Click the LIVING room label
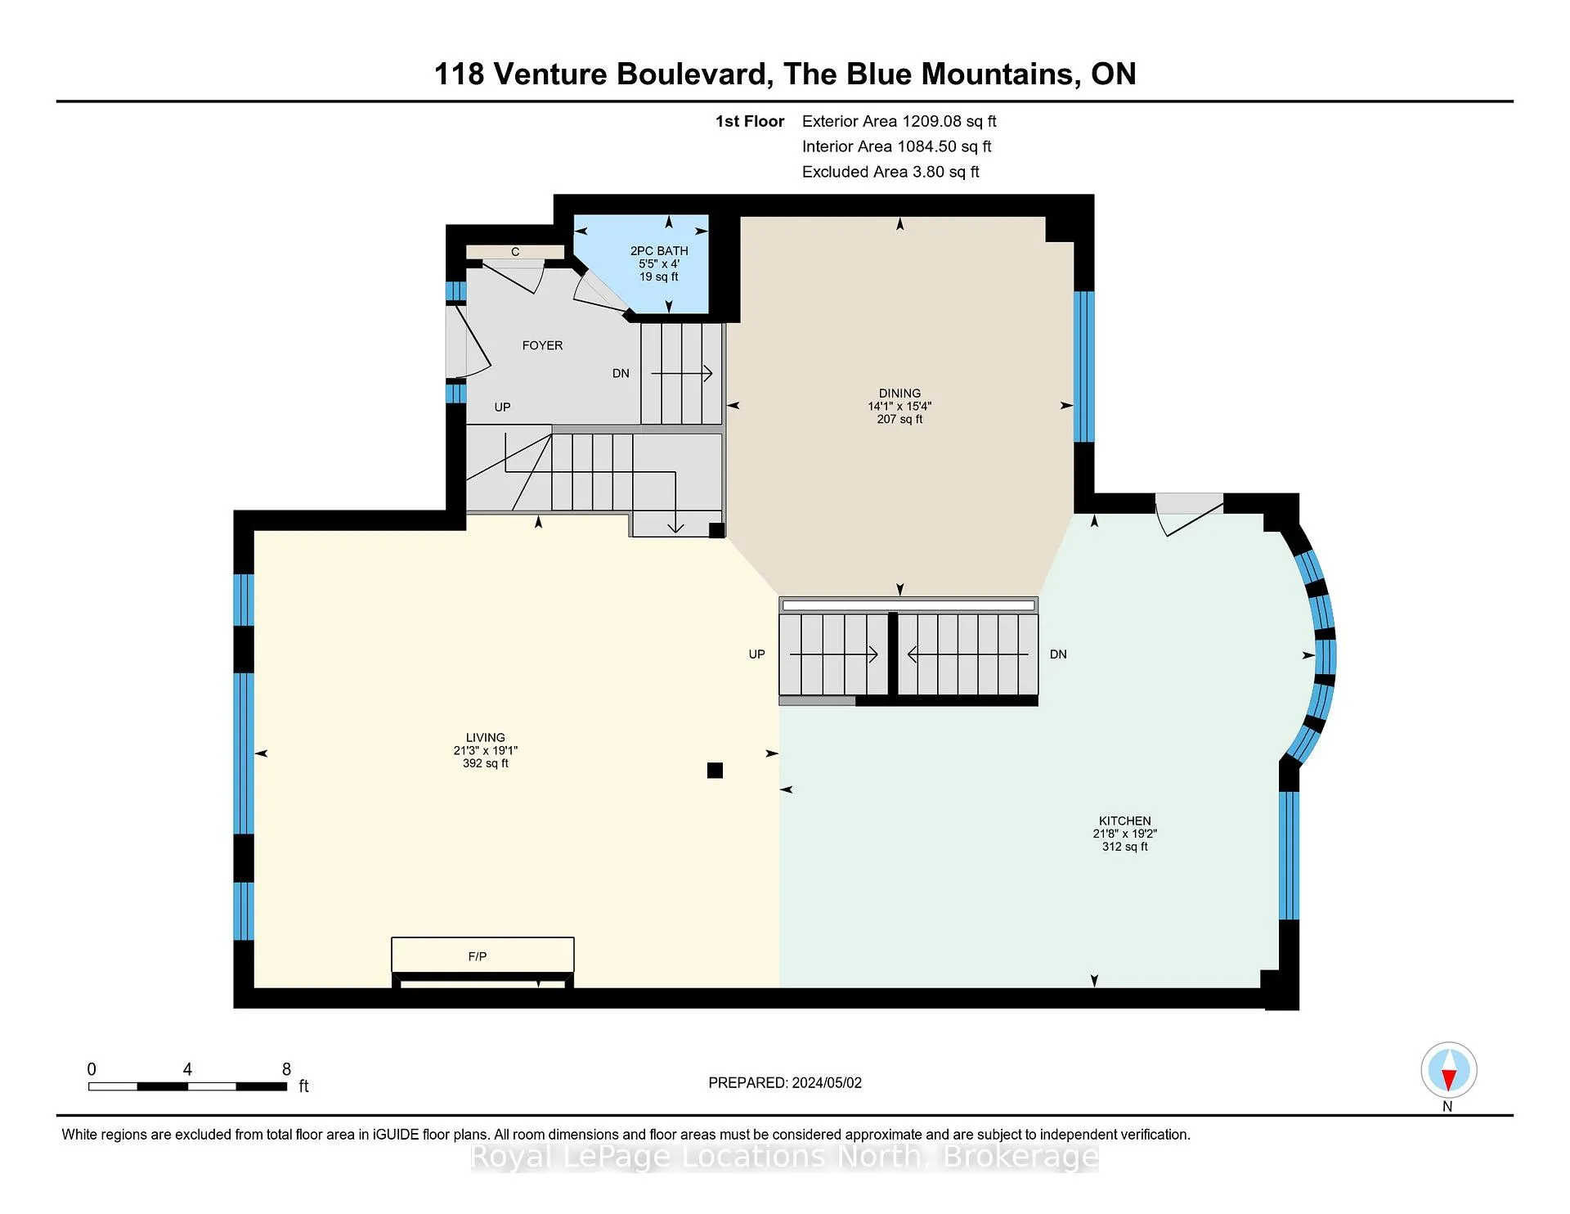coord(486,737)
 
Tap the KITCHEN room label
coord(1124,821)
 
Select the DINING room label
coord(899,393)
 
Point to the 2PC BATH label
coord(659,251)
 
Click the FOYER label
coord(542,345)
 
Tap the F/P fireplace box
coord(482,955)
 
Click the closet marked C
coord(515,252)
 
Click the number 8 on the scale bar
coord(286,1069)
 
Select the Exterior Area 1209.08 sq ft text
coord(899,121)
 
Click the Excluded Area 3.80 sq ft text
coord(890,172)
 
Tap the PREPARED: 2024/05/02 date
coord(785,1082)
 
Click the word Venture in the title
coord(550,74)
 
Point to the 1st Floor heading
coord(750,121)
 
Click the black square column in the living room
coord(715,770)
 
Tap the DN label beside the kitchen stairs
coord(1058,654)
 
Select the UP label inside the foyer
coord(502,407)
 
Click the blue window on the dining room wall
coord(1083,366)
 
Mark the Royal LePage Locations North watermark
coord(785,1157)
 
